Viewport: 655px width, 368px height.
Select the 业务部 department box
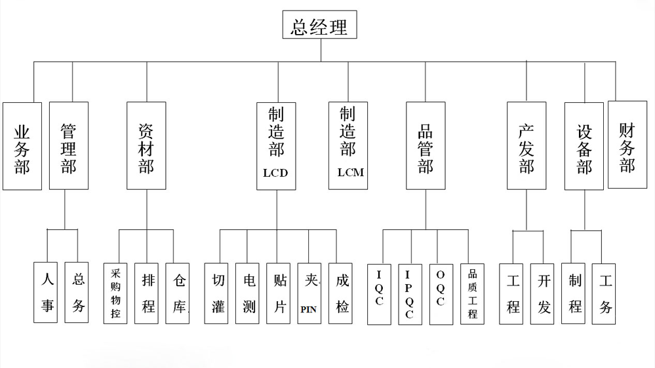point(22,146)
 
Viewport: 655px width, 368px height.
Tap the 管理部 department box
point(68,145)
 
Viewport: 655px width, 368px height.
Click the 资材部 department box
point(146,145)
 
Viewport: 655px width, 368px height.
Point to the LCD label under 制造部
point(275,174)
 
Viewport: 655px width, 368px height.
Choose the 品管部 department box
point(426,145)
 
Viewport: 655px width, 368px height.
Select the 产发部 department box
point(526,145)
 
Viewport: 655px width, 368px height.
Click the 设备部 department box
point(584,145)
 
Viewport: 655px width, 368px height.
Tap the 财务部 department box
point(627,145)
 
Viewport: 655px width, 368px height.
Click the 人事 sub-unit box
point(47,293)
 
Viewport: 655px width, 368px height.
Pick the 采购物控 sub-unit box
point(115,293)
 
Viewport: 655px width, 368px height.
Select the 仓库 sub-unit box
point(178,293)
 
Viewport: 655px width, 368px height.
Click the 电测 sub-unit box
point(249,293)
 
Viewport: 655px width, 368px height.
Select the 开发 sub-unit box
point(544,293)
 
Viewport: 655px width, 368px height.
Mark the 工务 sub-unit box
point(605,293)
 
